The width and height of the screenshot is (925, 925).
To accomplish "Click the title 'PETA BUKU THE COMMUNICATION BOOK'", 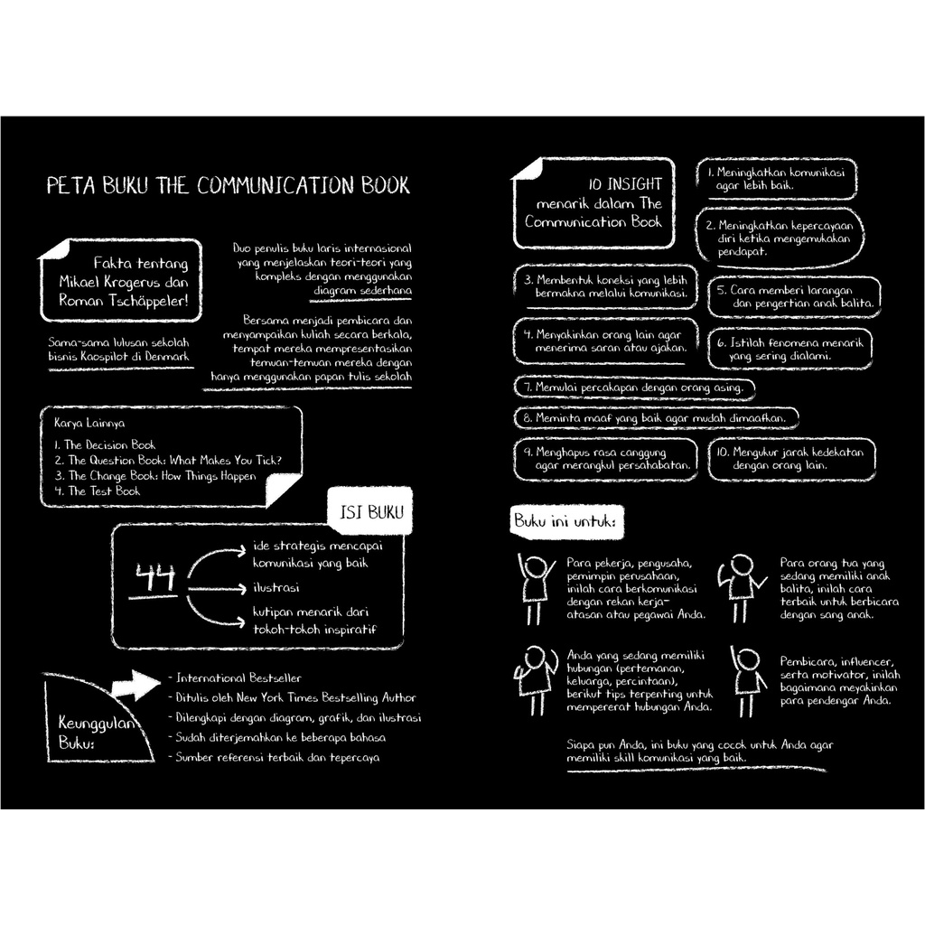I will (229, 186).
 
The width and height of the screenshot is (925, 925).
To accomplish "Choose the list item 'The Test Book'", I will (104, 491).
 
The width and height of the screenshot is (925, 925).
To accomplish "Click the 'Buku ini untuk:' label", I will (561, 522).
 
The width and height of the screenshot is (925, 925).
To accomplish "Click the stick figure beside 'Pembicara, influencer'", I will (746, 680).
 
